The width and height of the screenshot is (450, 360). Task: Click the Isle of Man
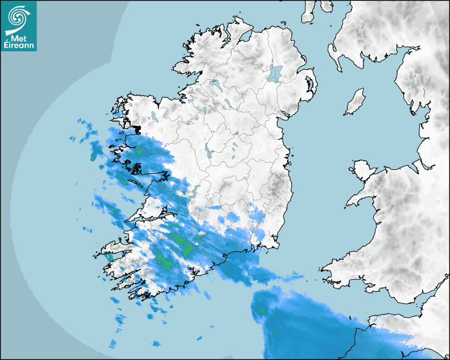point(355,102)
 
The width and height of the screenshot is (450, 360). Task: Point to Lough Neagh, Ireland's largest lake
point(275,73)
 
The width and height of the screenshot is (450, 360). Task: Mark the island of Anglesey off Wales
point(363,168)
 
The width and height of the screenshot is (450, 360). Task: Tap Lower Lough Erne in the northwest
point(215,83)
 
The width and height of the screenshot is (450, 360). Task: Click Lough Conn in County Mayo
point(154,115)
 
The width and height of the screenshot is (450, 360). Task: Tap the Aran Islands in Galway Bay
point(139,185)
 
